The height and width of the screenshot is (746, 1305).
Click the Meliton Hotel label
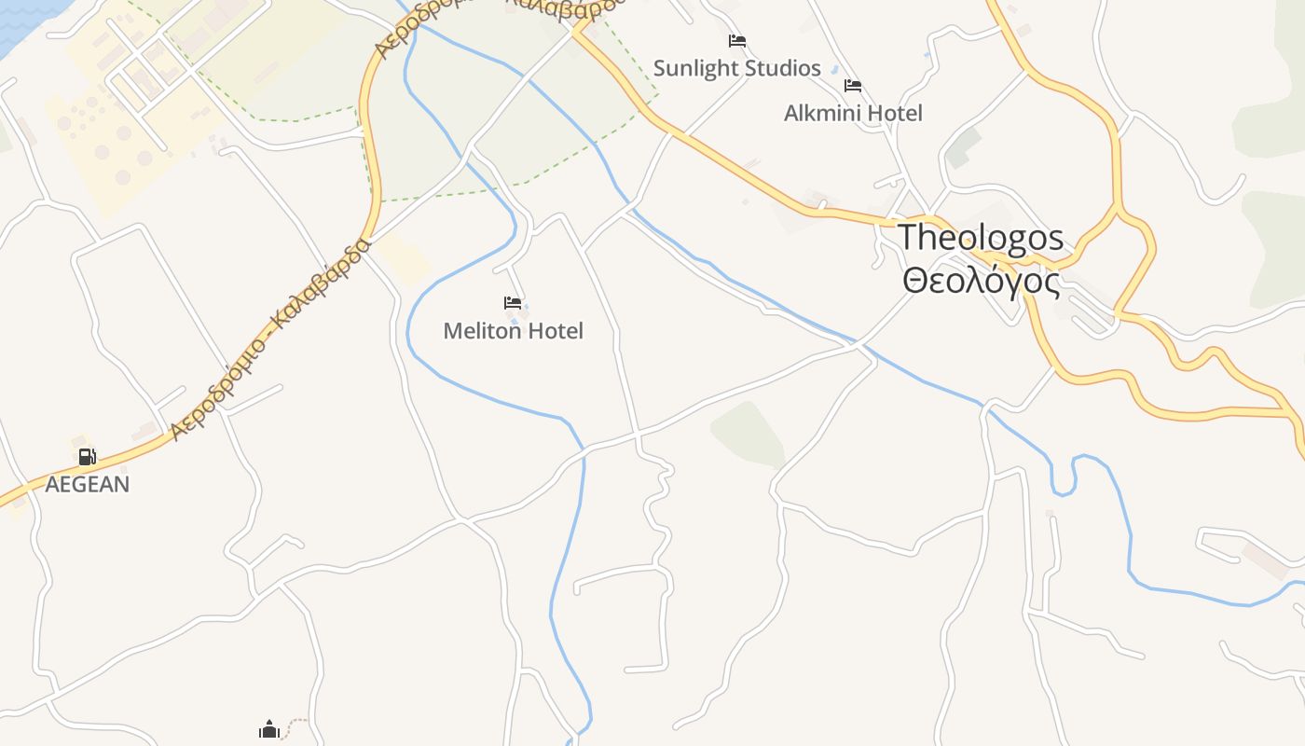click(x=514, y=331)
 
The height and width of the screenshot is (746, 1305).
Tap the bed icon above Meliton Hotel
click(x=513, y=303)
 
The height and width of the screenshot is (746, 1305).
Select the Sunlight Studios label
click(x=736, y=68)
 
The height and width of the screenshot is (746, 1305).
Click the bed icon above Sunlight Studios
click(x=737, y=41)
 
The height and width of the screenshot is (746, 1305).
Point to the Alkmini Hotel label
click(x=853, y=113)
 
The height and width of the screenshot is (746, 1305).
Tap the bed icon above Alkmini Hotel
click(x=853, y=86)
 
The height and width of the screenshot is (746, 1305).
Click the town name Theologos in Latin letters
click(x=981, y=237)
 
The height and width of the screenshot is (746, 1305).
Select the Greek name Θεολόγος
click(x=981, y=281)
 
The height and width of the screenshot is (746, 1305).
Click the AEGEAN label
click(x=88, y=484)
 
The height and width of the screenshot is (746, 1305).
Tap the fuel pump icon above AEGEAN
click(x=87, y=456)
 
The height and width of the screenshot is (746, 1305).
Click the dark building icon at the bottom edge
click(x=269, y=729)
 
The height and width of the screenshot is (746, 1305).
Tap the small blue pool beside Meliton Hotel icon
click(x=515, y=321)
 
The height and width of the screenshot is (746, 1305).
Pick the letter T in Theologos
click(x=909, y=237)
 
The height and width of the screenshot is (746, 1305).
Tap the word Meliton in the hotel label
click(x=481, y=331)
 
